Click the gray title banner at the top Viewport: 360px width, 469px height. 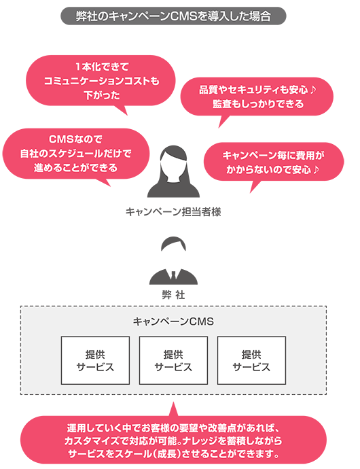[x=173, y=16]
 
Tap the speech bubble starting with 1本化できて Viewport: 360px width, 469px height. [x=101, y=81]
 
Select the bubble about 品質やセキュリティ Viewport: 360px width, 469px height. [x=257, y=97]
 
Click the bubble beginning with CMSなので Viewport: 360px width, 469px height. [x=75, y=154]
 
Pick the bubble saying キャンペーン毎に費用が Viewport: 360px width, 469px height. [x=274, y=162]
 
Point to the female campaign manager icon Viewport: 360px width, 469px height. [x=173, y=171]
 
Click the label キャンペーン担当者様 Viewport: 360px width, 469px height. [x=173, y=212]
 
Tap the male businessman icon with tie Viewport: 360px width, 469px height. [x=173, y=260]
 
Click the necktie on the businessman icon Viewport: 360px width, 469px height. [x=173, y=275]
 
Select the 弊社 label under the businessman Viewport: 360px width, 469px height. [x=173, y=295]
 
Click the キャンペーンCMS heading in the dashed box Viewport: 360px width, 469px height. [x=173, y=322]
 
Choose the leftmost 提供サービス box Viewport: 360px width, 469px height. [x=95, y=360]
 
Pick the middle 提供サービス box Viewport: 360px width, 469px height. [x=173, y=360]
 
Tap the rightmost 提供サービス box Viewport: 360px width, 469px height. [x=251, y=360]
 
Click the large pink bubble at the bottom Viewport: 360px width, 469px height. [x=173, y=440]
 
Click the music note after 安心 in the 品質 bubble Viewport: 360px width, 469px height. [x=312, y=90]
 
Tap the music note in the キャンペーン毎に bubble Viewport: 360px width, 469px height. [x=317, y=170]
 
